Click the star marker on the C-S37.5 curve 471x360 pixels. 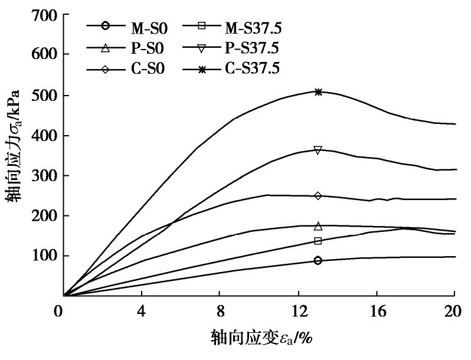tap(318, 92)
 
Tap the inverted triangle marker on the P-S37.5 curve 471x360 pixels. tap(318, 150)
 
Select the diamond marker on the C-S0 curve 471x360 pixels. tap(318, 195)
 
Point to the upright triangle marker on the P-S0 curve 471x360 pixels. tap(318, 226)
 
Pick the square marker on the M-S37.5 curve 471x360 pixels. tap(318, 241)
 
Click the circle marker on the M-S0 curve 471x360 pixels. tap(318, 260)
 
